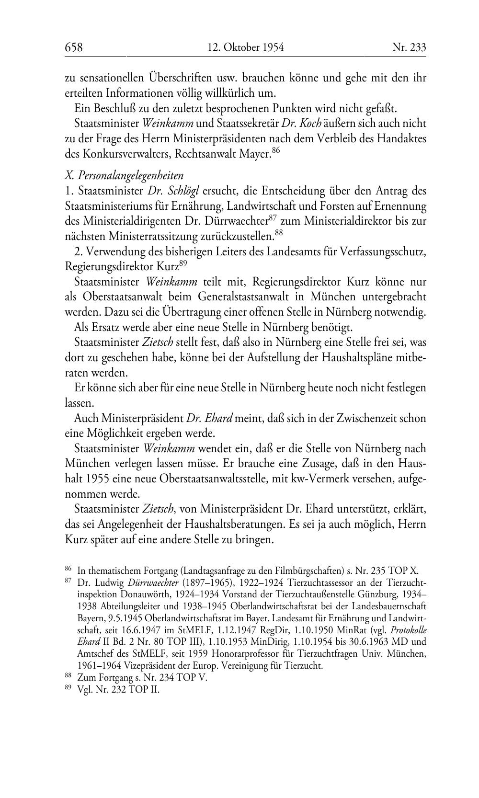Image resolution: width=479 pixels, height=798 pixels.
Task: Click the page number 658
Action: pyautogui.click(x=74, y=47)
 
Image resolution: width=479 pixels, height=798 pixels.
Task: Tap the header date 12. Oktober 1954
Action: pyautogui.click(x=246, y=47)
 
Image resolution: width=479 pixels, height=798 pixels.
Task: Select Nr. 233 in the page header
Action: pyautogui.click(x=409, y=47)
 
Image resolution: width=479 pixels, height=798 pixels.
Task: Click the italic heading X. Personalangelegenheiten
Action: pyautogui.click(x=124, y=175)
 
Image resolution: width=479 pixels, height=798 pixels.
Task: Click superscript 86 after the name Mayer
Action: pyautogui.click(x=275, y=151)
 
